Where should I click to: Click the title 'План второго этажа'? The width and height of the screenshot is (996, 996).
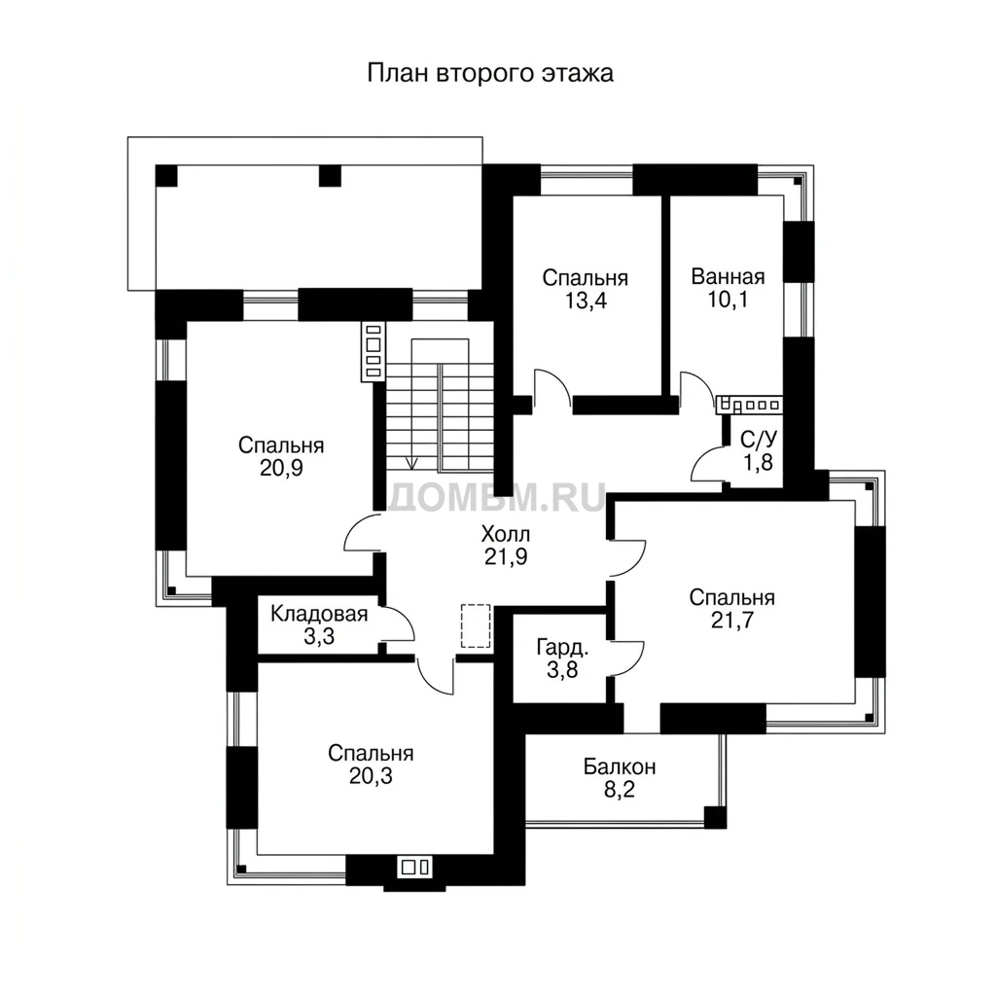490,73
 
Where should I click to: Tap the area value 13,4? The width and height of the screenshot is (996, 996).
586,301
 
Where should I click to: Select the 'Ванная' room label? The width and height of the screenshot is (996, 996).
728,277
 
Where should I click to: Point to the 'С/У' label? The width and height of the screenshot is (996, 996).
759,440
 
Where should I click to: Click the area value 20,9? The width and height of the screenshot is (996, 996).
281,469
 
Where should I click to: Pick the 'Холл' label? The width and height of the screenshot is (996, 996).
506,534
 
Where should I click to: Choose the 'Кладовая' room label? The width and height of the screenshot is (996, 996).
319,615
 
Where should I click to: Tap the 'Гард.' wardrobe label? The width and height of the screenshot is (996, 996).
563,648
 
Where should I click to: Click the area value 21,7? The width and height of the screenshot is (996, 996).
731,620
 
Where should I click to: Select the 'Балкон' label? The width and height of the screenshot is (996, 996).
620,767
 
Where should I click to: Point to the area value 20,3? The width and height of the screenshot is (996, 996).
371,776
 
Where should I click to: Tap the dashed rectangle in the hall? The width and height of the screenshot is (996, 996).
476,626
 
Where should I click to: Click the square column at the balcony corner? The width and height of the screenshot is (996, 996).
715,817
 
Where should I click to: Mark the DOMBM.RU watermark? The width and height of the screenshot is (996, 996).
497,497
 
